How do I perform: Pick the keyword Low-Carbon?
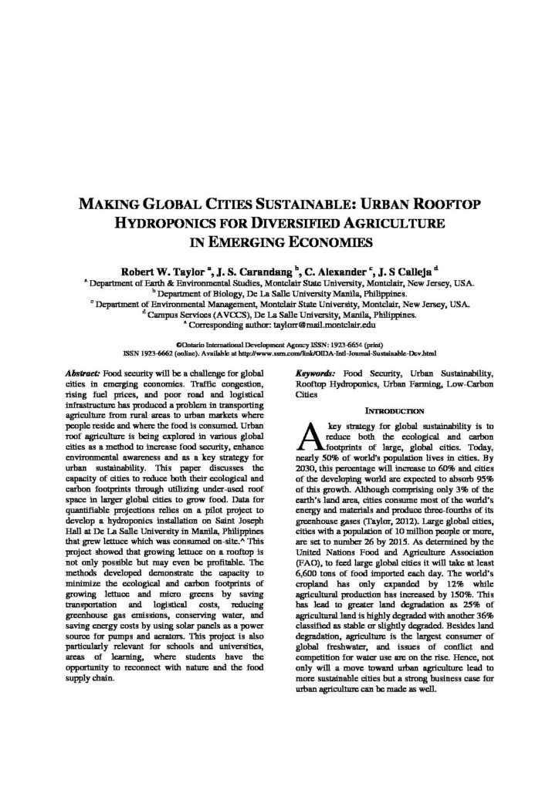468,383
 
